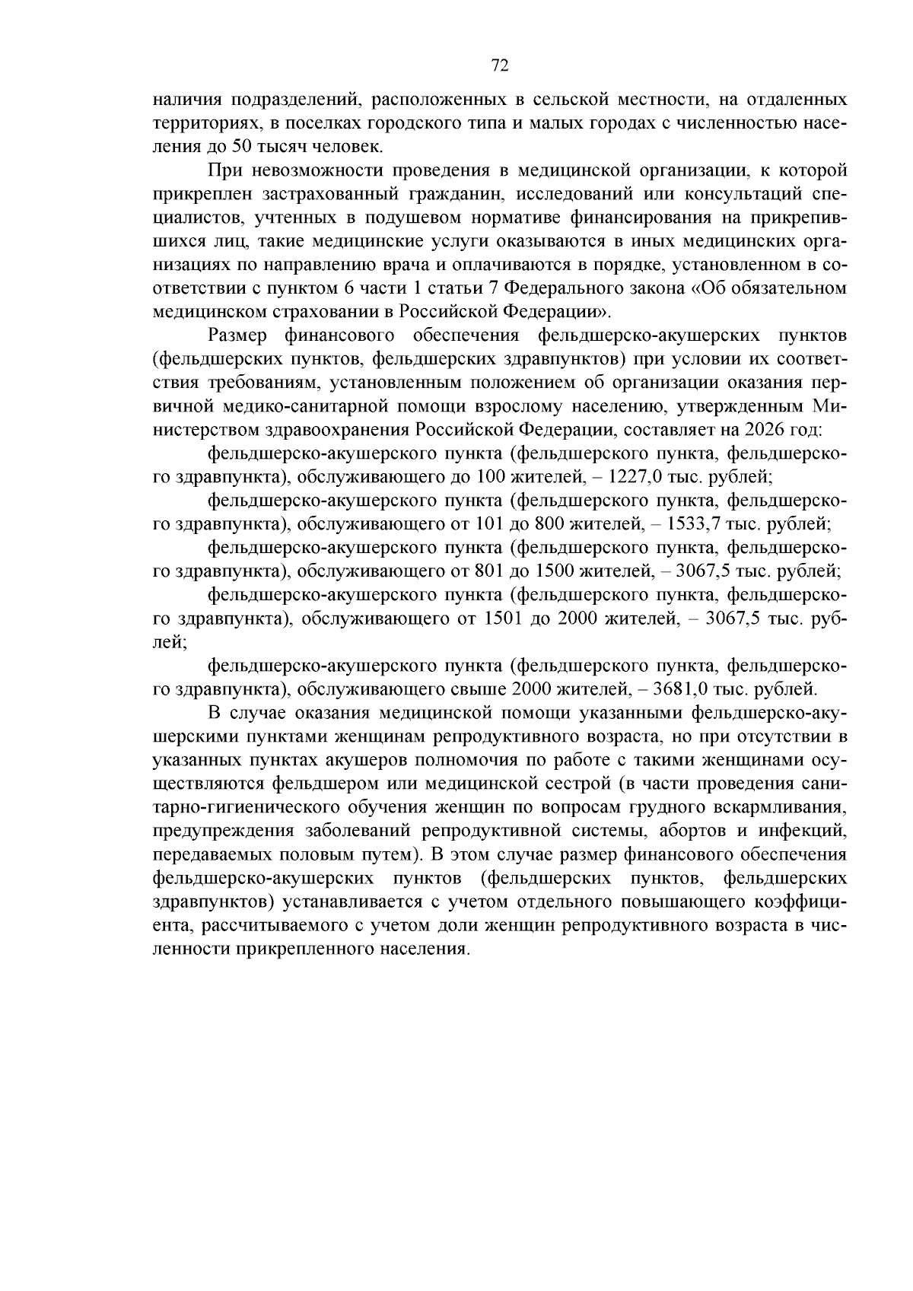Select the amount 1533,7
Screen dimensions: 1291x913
696,524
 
